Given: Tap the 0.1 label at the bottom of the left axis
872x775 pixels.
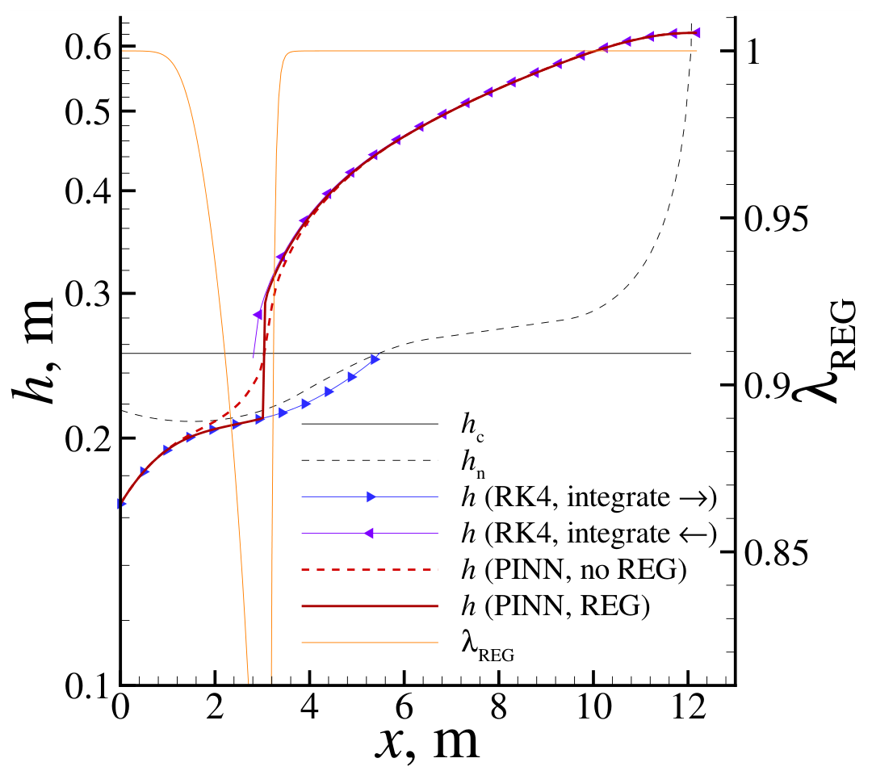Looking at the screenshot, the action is [x=88, y=687].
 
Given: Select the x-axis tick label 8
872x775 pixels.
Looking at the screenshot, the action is [x=499, y=707].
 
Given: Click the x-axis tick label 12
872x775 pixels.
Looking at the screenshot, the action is [x=689, y=707].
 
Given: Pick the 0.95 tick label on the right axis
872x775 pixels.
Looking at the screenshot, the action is [x=775, y=219].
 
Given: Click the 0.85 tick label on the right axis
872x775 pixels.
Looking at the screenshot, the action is [x=775, y=552].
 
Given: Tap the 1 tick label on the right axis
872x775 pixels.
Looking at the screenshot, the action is [x=753, y=52].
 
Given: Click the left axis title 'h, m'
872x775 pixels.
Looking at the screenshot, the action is [x=33, y=351].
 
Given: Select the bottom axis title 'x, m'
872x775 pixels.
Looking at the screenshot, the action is [x=427, y=742].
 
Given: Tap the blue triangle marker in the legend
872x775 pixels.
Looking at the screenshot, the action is [x=371, y=497].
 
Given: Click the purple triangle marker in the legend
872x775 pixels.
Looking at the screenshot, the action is [x=369, y=534].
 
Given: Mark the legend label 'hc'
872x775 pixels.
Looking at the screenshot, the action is [x=472, y=427].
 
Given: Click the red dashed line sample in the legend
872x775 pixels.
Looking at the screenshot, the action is [x=370, y=569].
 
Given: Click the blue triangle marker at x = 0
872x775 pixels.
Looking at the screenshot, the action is [x=121, y=504].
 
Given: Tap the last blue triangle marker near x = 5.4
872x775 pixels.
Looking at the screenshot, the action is [x=375, y=359].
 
